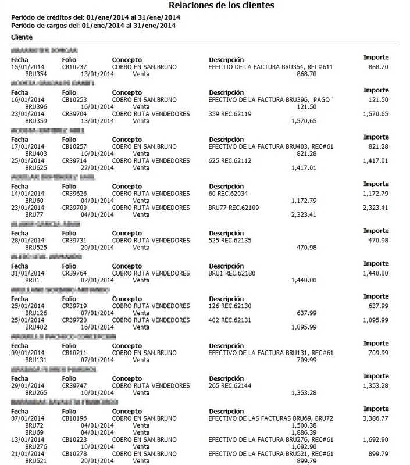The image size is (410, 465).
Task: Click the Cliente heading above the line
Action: click(x=22, y=37)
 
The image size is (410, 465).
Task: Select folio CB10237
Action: click(x=75, y=67)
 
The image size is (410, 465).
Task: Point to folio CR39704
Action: click(x=75, y=114)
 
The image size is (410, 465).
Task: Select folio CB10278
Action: click(x=75, y=453)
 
